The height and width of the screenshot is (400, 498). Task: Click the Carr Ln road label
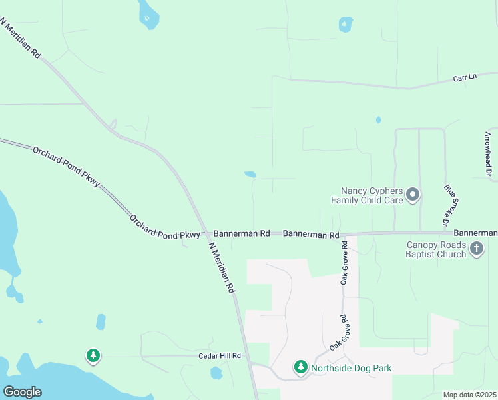(x=465, y=77)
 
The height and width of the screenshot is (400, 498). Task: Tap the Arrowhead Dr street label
(x=487, y=155)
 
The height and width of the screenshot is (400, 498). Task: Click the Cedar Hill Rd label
(x=219, y=356)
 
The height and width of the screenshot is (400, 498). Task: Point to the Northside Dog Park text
(x=353, y=368)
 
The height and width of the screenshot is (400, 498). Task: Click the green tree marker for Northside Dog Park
(x=301, y=367)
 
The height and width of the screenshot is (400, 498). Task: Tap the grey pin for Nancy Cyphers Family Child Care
(x=413, y=195)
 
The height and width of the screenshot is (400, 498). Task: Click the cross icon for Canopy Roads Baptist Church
(x=476, y=249)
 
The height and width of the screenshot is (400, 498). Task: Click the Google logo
(x=22, y=392)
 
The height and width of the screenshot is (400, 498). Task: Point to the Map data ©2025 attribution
(x=469, y=395)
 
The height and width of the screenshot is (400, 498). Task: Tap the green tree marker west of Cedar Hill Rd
(x=93, y=356)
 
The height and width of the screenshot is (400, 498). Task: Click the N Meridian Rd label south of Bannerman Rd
(x=222, y=267)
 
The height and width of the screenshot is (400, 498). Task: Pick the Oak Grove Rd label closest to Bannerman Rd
(x=344, y=267)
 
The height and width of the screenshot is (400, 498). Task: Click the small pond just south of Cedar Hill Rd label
(x=216, y=373)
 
